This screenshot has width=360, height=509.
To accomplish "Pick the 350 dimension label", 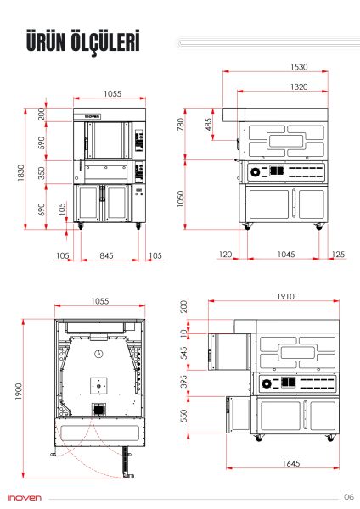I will tap(42, 173).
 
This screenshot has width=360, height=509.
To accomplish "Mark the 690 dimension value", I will tap(42, 208).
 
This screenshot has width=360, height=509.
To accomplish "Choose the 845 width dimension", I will tap(105, 255).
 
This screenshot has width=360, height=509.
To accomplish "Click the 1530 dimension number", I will tap(273, 67).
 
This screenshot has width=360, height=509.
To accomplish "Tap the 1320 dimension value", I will tap(273, 87).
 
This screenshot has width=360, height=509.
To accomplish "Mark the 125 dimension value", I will tap(338, 255).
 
